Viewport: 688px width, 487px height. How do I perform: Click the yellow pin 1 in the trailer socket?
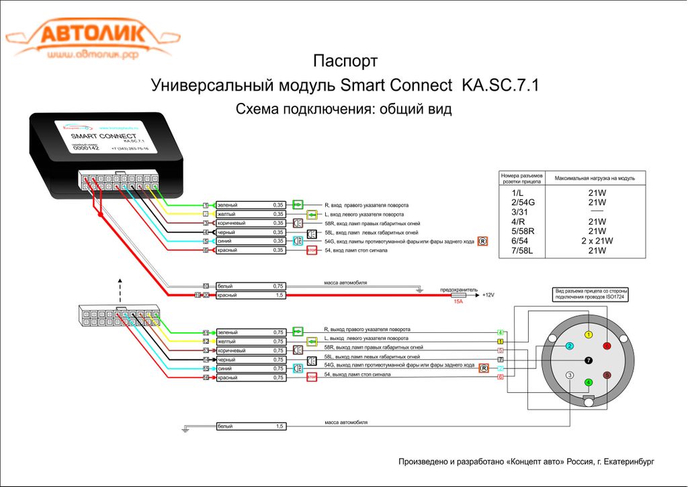tap(589, 334)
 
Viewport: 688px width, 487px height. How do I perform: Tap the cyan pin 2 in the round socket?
tap(569, 346)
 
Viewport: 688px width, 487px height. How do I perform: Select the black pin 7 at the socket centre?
tap(589, 361)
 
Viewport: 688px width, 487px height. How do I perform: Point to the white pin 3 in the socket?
tap(570, 375)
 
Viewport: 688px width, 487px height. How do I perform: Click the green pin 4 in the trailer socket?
tap(589, 383)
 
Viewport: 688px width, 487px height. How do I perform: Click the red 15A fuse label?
tap(458, 301)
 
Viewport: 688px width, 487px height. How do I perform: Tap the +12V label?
tap(488, 295)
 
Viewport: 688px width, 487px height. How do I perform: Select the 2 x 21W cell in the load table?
tap(597, 241)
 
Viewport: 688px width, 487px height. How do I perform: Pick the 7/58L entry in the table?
tap(521, 250)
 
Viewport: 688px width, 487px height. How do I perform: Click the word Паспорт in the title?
tap(345, 61)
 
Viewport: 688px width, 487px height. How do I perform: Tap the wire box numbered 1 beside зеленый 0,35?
tap(206, 204)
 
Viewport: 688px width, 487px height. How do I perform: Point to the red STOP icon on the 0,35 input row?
tap(312, 250)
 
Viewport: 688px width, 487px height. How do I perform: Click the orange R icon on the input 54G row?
tap(482, 241)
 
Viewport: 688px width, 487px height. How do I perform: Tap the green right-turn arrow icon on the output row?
tap(298, 332)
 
